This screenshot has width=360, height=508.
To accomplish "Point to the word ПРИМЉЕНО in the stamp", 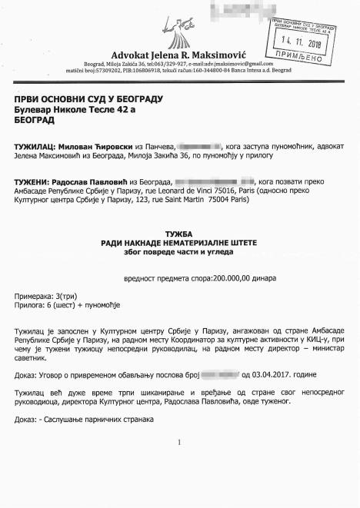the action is [301, 56].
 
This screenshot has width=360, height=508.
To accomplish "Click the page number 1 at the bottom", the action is [178, 443].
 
